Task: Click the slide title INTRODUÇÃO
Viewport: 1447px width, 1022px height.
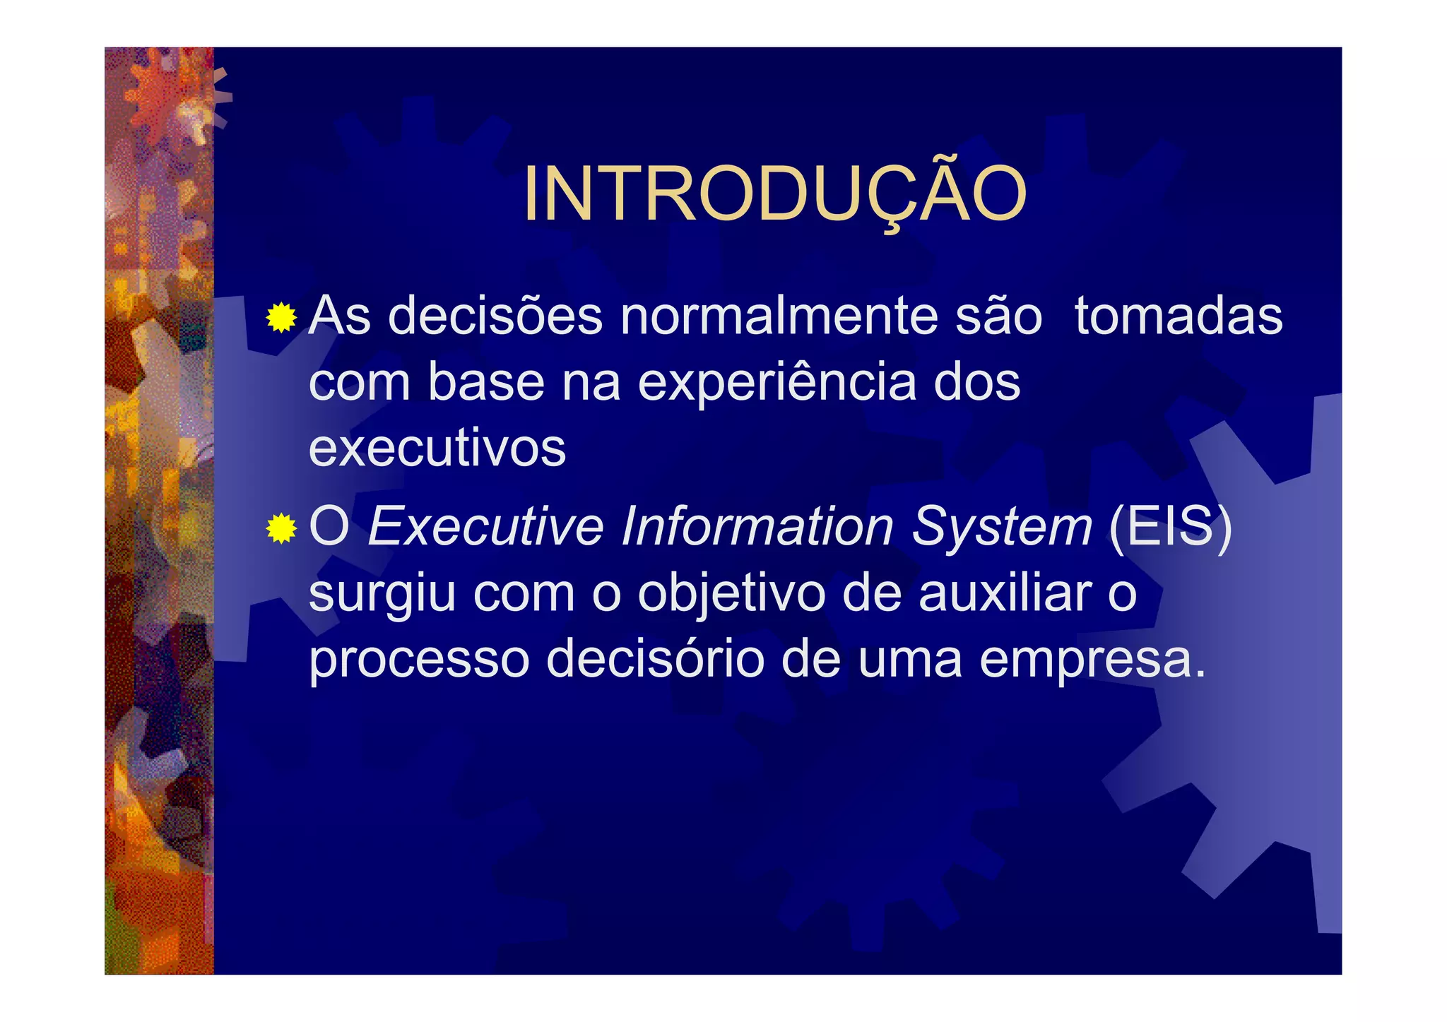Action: [774, 194]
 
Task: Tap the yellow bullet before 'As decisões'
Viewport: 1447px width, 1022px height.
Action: [281, 318]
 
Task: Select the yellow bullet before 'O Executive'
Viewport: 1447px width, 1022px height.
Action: [281, 528]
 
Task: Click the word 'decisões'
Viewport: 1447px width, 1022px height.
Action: [495, 316]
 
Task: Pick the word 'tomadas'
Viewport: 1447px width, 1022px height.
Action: [1179, 316]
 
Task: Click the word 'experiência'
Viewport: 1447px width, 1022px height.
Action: [776, 383]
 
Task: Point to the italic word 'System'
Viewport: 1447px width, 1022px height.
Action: [1002, 526]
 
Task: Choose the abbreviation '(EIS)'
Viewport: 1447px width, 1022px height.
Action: [1171, 526]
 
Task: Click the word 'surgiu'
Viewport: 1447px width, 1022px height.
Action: [382, 593]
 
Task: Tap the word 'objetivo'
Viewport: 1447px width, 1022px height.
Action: [731, 593]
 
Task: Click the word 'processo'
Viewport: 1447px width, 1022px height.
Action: [419, 660]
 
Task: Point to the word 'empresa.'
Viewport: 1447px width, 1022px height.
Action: [1093, 660]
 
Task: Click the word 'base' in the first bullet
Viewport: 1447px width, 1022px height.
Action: [487, 383]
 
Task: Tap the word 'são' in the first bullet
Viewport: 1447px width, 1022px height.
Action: [998, 316]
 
